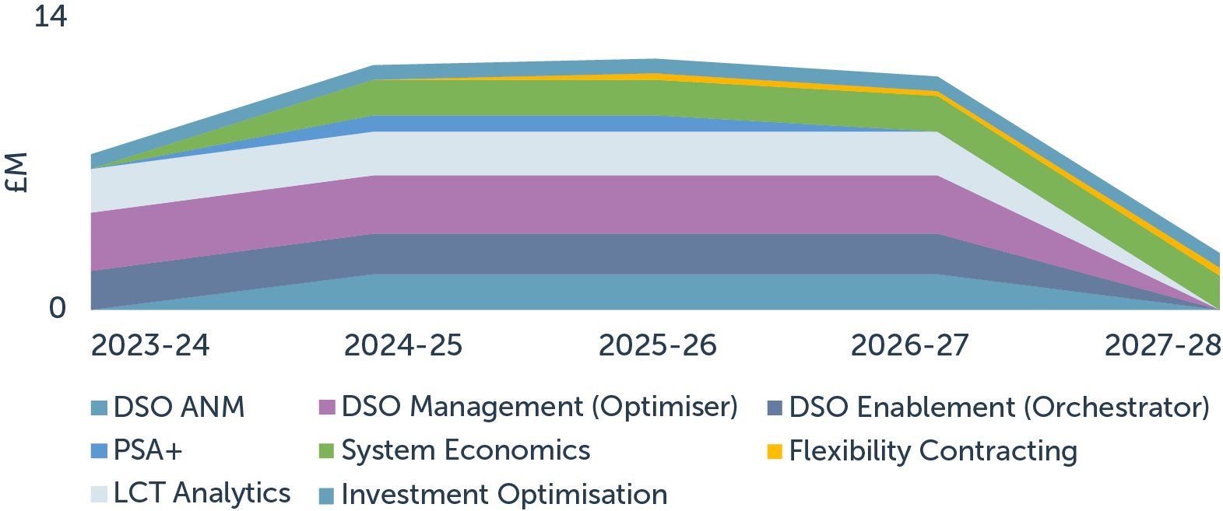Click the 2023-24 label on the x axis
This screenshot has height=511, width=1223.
click(150, 345)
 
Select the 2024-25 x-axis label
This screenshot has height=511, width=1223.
click(403, 345)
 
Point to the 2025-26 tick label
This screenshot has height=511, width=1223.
click(657, 345)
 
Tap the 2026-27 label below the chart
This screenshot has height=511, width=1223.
click(910, 345)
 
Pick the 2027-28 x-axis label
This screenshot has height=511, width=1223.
click(1162, 345)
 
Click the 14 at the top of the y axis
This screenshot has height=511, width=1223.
click(51, 16)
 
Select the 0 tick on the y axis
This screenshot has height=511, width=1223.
click(58, 308)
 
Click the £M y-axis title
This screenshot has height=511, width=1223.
click(16, 173)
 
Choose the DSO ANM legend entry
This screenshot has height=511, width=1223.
click(178, 407)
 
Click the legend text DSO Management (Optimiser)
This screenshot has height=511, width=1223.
click(539, 407)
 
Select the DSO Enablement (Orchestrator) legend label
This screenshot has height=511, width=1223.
click(999, 407)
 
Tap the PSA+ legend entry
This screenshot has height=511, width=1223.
click(148, 450)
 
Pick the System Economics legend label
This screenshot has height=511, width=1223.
click(466, 450)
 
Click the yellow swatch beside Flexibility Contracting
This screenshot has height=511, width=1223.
click(774, 451)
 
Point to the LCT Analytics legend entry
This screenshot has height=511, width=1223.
click(202, 493)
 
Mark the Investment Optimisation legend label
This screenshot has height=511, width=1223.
click(504, 495)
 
